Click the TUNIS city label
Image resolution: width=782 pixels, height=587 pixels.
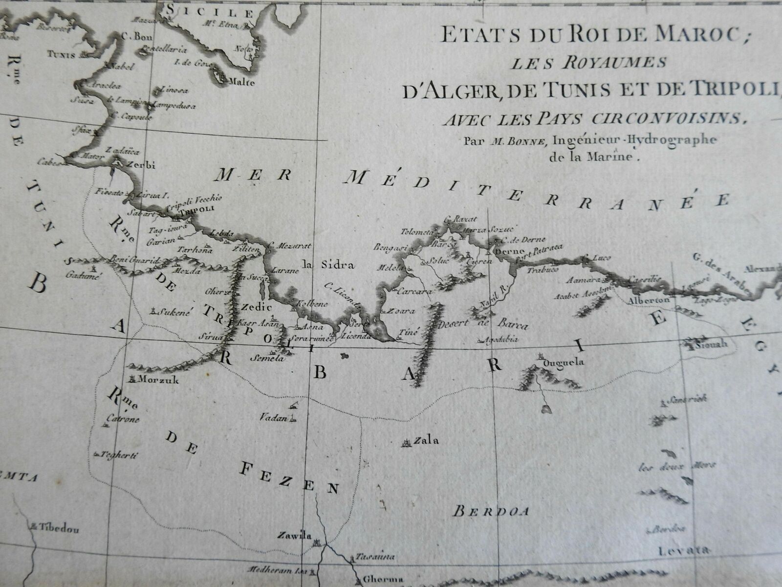click(62, 54)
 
